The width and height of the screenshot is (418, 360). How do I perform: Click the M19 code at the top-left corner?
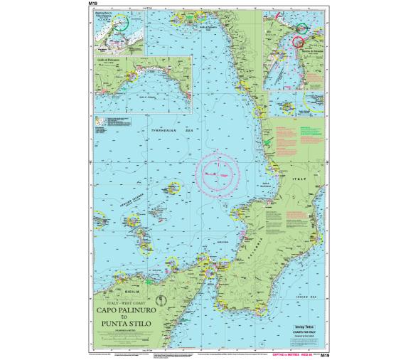[x=92, y=4]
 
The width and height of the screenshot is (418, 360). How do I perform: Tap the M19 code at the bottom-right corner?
[x=326, y=354]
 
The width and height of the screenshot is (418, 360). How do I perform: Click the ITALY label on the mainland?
[x=308, y=181]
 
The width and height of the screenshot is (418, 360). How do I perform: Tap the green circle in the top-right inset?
[x=301, y=29]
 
